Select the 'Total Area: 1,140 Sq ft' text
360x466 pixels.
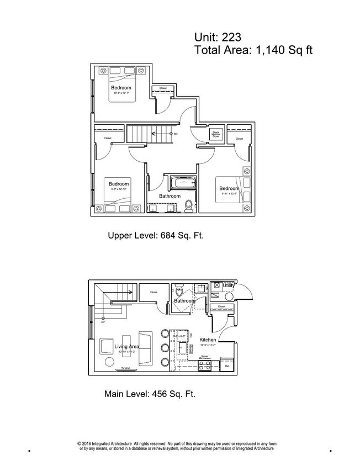(x=253, y=51)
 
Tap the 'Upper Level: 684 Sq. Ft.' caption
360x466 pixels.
(x=156, y=236)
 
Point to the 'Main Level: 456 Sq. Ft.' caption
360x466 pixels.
(x=150, y=394)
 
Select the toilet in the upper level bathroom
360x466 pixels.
(x=189, y=204)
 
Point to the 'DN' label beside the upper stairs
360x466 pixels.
(x=175, y=134)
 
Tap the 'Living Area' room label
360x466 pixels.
(x=126, y=347)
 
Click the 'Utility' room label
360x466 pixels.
(x=229, y=285)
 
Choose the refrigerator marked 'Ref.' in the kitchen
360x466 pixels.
(x=226, y=366)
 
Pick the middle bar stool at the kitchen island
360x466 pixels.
(x=164, y=348)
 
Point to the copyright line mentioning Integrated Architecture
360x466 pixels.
(x=177, y=446)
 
